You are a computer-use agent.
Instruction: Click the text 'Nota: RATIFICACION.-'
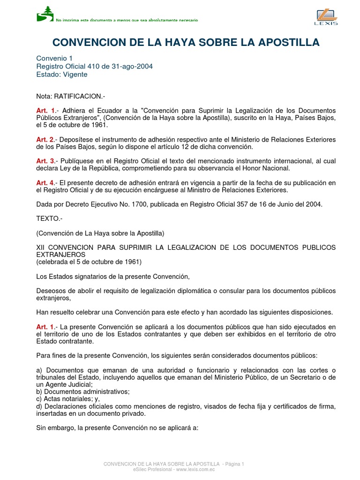tap(71, 96)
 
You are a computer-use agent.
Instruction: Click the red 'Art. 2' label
tap(45, 140)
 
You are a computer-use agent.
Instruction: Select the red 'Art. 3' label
tap(45, 161)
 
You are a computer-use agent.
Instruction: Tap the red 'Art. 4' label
tap(45, 182)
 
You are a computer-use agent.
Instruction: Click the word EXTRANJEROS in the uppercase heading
tap(60, 254)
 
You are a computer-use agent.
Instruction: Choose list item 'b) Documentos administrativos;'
tap(83, 391)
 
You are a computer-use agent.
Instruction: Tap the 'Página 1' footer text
tap(234, 464)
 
